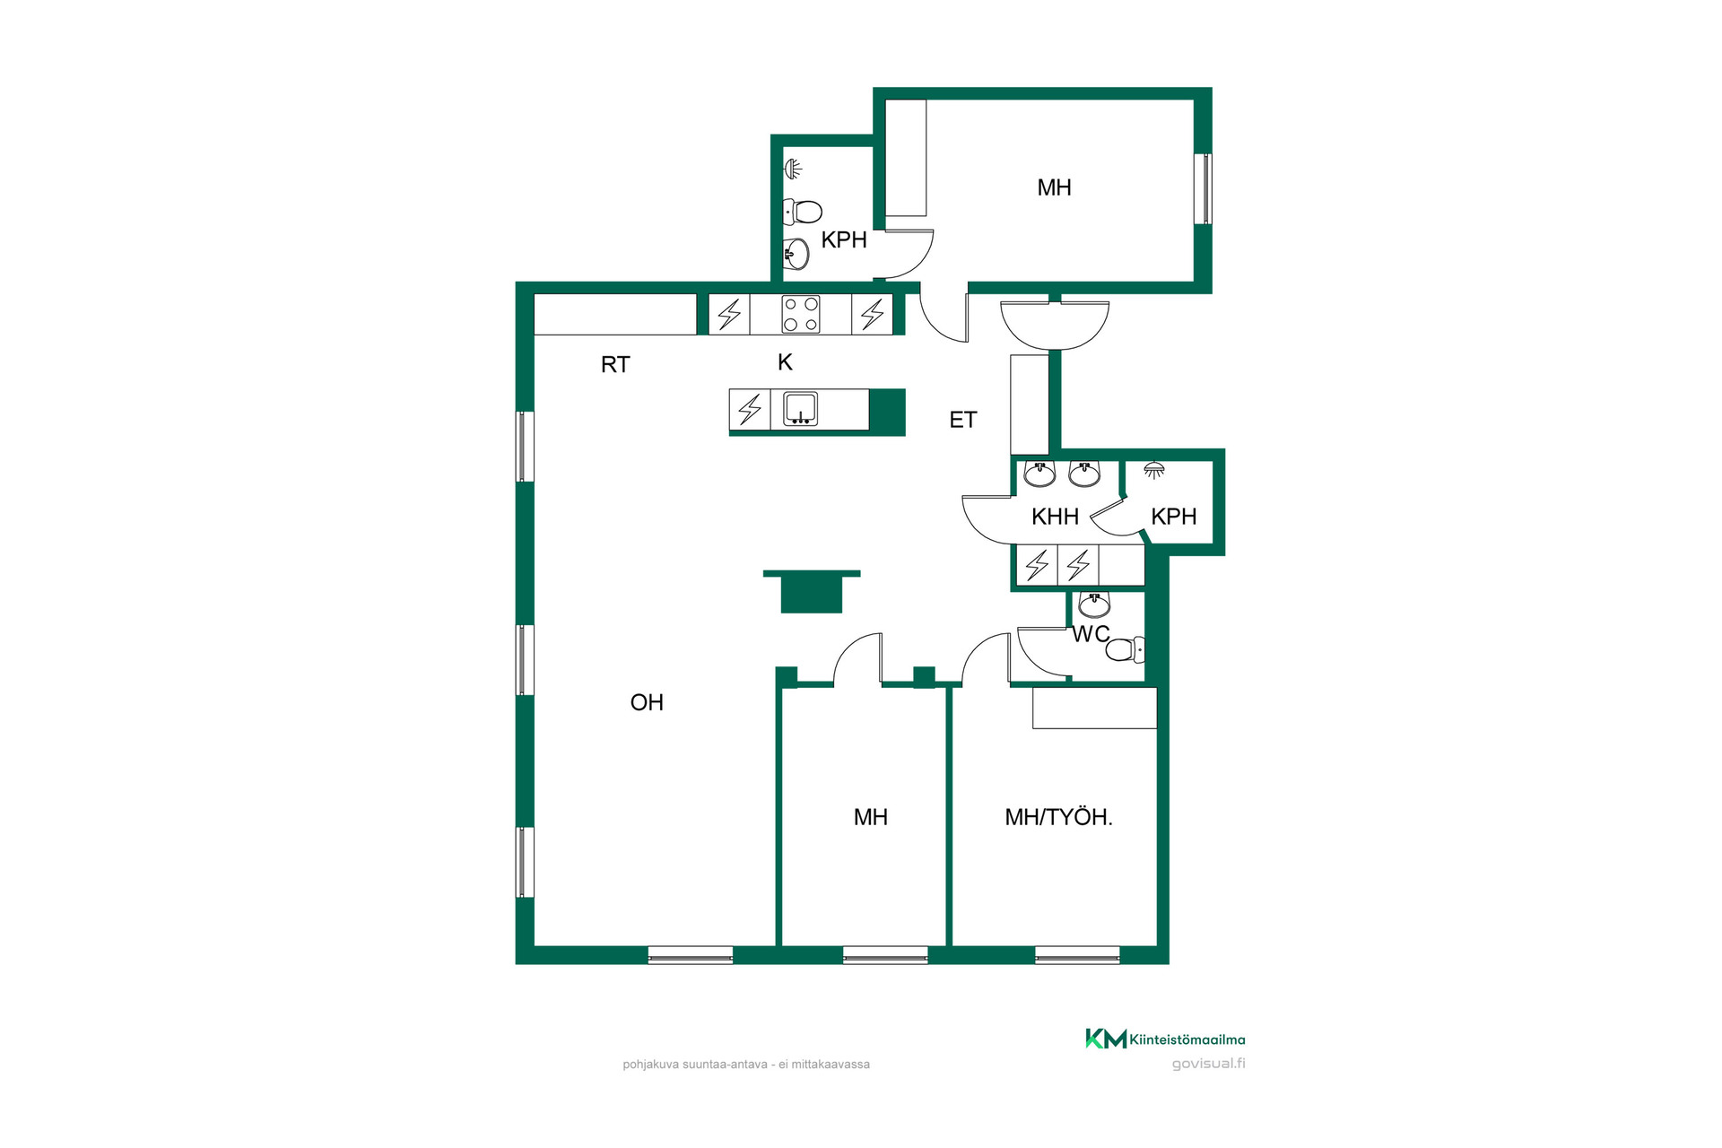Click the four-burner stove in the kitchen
[800, 315]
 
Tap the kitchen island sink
[800, 409]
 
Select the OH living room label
[647, 702]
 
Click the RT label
[615, 364]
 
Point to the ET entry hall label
[963, 420]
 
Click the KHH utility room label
[1055, 517]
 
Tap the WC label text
[1091, 634]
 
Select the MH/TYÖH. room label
[1058, 817]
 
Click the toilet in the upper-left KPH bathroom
[803, 213]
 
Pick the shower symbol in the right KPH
[1154, 470]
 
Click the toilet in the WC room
[1126, 649]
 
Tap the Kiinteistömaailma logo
[1165, 1039]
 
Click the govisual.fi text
[1208, 1064]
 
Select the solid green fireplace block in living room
[812, 592]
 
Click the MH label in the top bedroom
[1054, 187]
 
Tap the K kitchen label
[785, 362]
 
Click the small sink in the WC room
[1094, 605]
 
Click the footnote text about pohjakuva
[746, 1065]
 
